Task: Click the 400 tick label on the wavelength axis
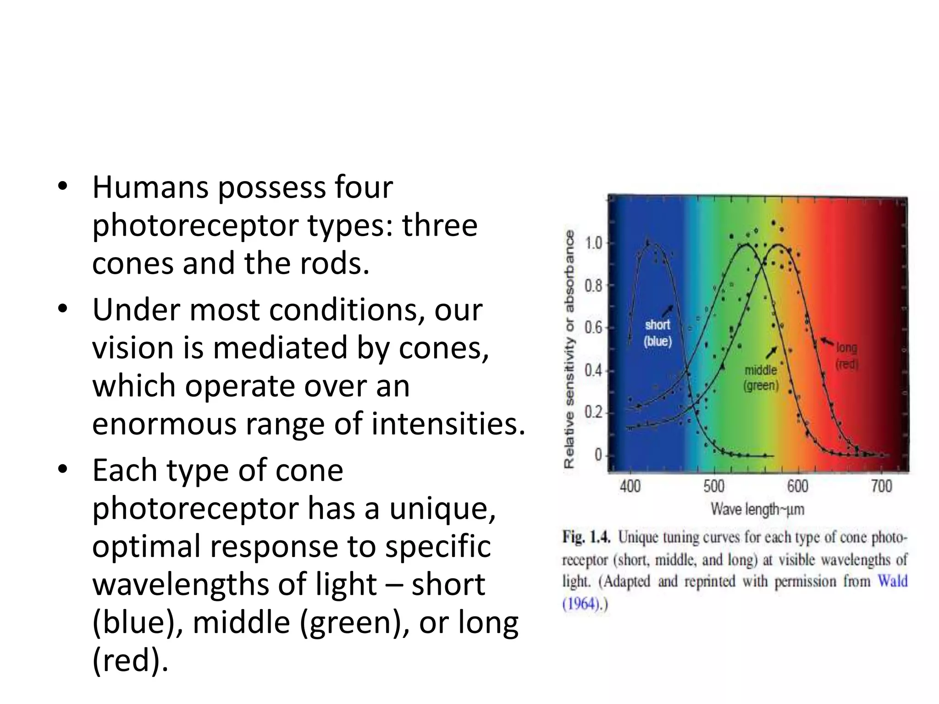click(x=630, y=486)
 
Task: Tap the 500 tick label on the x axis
click(x=714, y=486)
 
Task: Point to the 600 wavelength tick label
click(x=798, y=486)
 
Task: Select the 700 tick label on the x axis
click(x=881, y=486)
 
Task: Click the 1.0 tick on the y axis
click(x=594, y=243)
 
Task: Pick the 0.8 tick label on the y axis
click(x=594, y=286)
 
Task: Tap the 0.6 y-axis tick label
click(x=594, y=328)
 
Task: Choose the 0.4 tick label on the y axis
click(x=594, y=370)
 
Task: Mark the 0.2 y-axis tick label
click(x=594, y=412)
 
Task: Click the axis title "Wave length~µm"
click(x=757, y=509)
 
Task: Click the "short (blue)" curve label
click(x=657, y=333)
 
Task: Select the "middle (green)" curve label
click(x=761, y=378)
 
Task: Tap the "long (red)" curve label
click(x=846, y=356)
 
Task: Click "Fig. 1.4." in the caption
click(x=586, y=537)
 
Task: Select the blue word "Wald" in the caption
click(x=892, y=581)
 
